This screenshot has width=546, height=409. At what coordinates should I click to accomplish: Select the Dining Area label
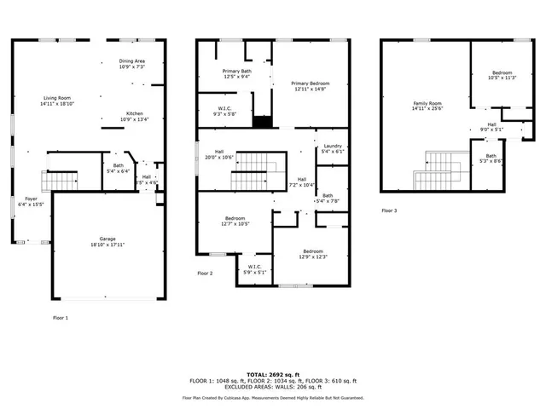point(131,60)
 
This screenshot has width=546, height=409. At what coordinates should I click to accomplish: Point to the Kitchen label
point(135,113)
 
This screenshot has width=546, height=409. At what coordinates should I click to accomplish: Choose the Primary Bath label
point(235,71)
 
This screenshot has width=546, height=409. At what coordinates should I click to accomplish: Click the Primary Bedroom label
point(309,83)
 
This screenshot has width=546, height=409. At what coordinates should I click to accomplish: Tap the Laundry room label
point(333,146)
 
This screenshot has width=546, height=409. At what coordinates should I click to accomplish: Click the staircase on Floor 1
point(59,180)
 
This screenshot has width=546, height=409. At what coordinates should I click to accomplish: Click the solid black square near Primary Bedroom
point(262,121)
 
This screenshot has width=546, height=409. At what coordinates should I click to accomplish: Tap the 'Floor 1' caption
point(61,317)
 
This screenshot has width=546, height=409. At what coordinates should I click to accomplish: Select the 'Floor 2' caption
point(205,274)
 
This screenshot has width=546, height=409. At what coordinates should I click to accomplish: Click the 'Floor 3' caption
point(389,210)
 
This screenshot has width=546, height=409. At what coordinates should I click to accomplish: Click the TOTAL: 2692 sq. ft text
point(273,373)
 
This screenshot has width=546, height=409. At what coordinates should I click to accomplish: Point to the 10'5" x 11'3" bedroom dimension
point(502,78)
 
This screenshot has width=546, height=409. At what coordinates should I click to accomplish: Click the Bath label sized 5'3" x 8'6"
point(491,158)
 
